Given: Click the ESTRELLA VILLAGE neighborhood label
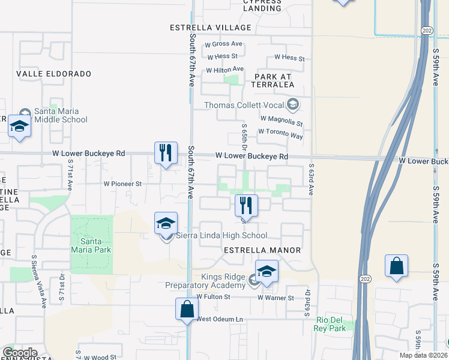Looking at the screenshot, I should (x=210, y=28).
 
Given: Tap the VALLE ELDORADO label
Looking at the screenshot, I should (x=54, y=74).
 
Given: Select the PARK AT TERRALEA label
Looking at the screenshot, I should (x=274, y=81).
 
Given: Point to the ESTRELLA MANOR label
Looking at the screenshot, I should (x=262, y=250).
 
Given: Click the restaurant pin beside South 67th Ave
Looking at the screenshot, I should (x=166, y=152).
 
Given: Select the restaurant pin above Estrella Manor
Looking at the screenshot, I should (x=246, y=205).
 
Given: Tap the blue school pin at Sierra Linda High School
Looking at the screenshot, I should (x=166, y=223).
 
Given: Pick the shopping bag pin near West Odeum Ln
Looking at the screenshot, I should (x=187, y=309).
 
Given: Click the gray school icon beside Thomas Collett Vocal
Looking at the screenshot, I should (x=293, y=106).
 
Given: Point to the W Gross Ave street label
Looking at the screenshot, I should (x=223, y=44).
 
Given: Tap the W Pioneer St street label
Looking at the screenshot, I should (x=122, y=184).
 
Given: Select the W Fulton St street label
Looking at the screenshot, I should (x=213, y=297).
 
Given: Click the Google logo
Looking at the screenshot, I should (x=20, y=353).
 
